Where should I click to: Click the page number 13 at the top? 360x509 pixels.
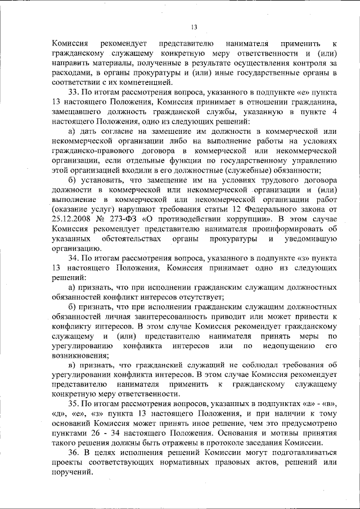(194, 26)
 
